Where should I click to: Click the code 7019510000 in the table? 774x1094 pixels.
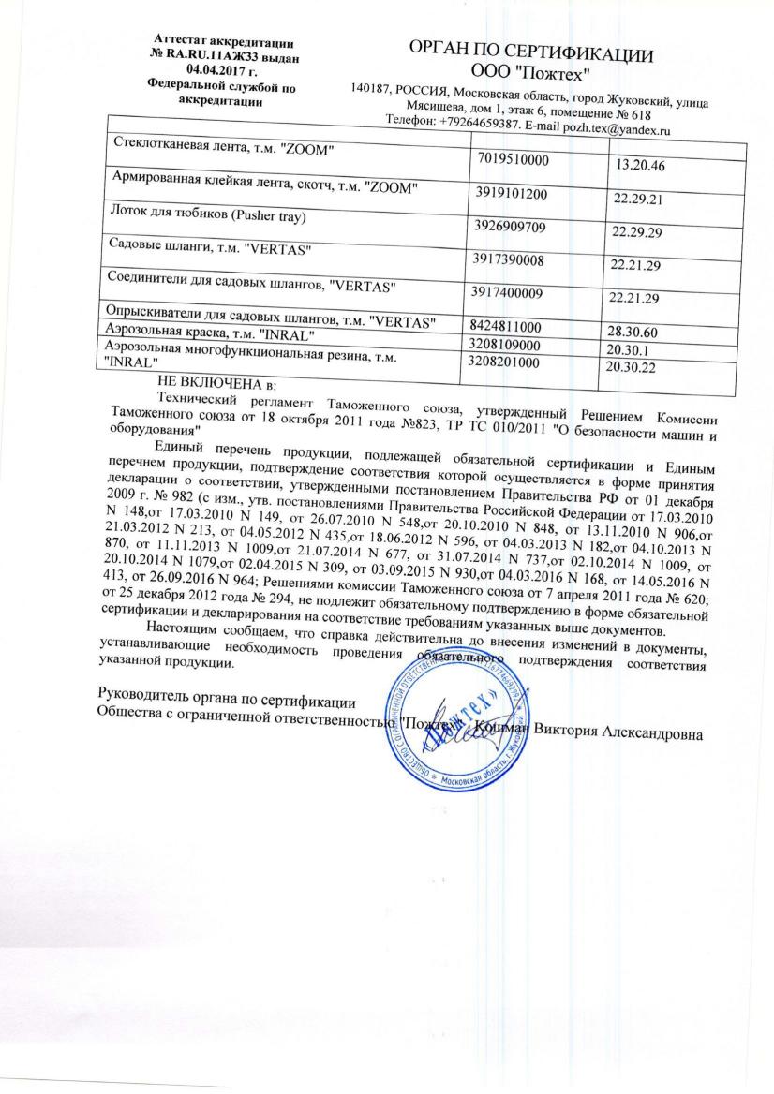(x=512, y=160)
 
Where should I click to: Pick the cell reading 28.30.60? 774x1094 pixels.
(x=634, y=333)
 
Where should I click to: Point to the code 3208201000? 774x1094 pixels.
(x=505, y=361)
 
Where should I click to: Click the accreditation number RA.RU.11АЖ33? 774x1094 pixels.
(x=235, y=55)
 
